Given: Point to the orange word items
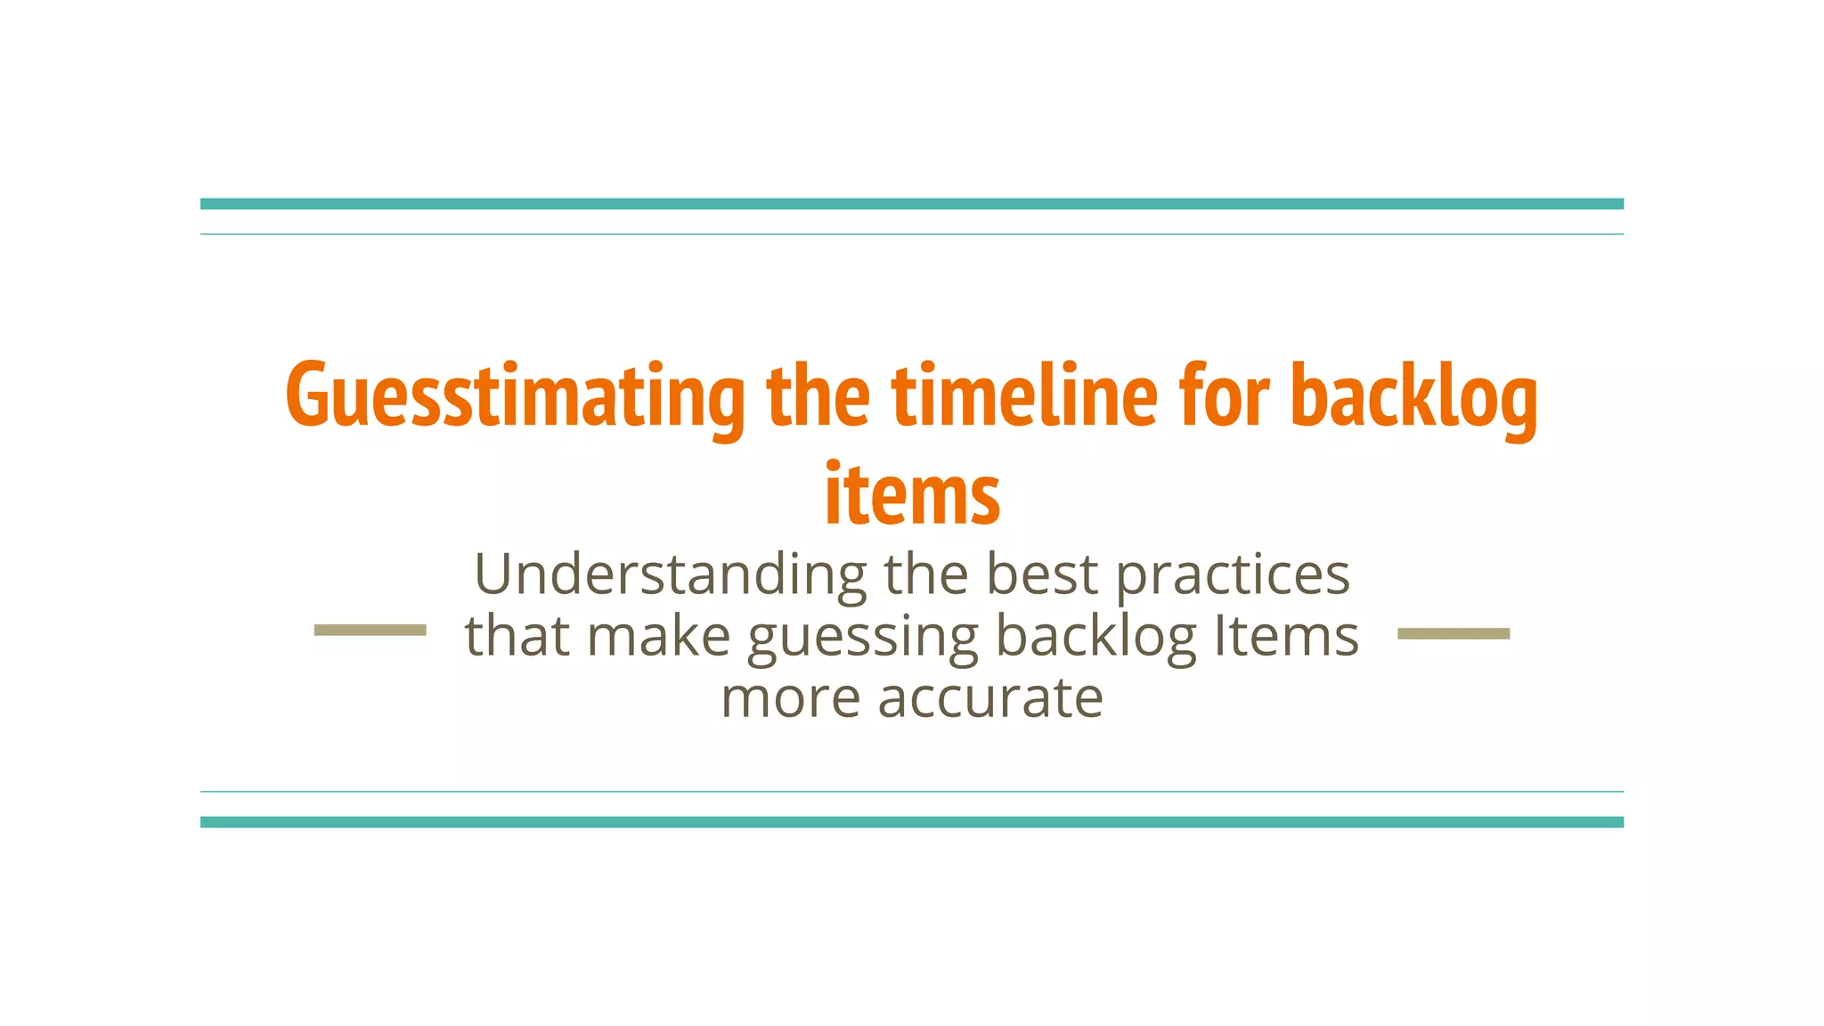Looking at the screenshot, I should point(912,494).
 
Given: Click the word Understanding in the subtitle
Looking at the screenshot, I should point(671,575).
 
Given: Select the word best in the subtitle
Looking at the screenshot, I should point(1042,574).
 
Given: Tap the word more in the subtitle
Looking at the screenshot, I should point(790,697).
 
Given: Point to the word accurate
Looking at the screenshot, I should point(990,697).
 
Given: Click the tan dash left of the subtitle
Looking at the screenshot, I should point(370,631).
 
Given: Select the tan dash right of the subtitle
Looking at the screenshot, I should point(1453,633).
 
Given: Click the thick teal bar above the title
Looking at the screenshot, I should point(912,204).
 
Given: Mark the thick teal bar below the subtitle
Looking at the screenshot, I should point(912,822).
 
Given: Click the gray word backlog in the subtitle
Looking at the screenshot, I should point(1095,636).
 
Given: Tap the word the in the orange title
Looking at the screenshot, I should point(818,395).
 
